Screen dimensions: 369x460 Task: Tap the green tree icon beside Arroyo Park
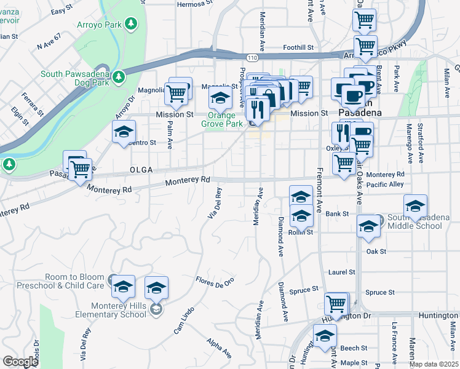tap(131, 24)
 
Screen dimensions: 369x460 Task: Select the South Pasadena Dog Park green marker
tap(119, 77)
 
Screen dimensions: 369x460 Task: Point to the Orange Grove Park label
tap(225, 119)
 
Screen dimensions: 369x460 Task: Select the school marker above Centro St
tap(124, 132)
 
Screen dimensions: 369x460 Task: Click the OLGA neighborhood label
tap(141, 169)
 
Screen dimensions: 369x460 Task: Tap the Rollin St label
tap(302, 232)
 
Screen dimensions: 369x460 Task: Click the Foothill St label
tap(298, 47)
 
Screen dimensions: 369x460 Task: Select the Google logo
tap(21, 362)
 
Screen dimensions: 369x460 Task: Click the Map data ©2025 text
tap(434, 364)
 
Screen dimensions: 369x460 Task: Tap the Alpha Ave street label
tap(219, 349)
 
